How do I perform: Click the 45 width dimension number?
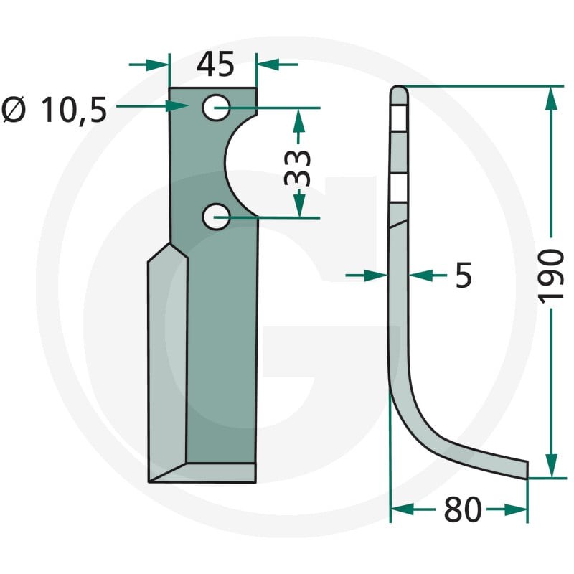[x=215, y=65]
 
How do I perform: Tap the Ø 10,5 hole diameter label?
[x=55, y=110]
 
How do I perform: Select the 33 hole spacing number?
[x=297, y=168]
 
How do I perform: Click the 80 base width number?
[x=463, y=509]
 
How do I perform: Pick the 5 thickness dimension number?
[x=464, y=275]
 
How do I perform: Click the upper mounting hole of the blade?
[x=217, y=108]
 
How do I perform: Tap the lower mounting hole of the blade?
[x=216, y=217]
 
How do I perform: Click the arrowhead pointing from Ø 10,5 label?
[x=177, y=106]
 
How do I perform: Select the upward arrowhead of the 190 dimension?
[x=551, y=98]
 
